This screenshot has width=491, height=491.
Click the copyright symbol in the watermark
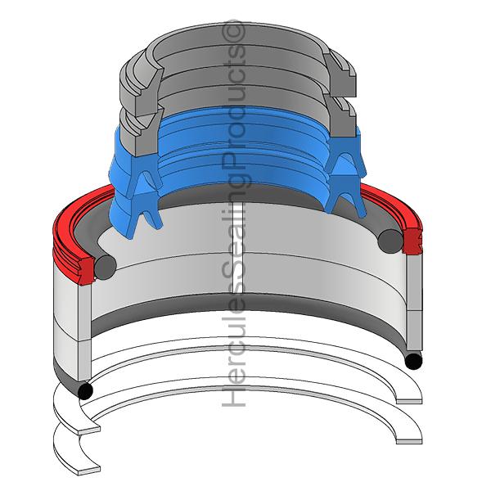tap(233, 32)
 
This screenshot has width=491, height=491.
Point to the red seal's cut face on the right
tap(412, 241)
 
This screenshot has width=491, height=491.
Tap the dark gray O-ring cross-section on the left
tap(106, 267)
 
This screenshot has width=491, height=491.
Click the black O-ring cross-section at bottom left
tap(85, 391)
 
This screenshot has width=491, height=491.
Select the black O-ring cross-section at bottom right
tap(413, 361)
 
